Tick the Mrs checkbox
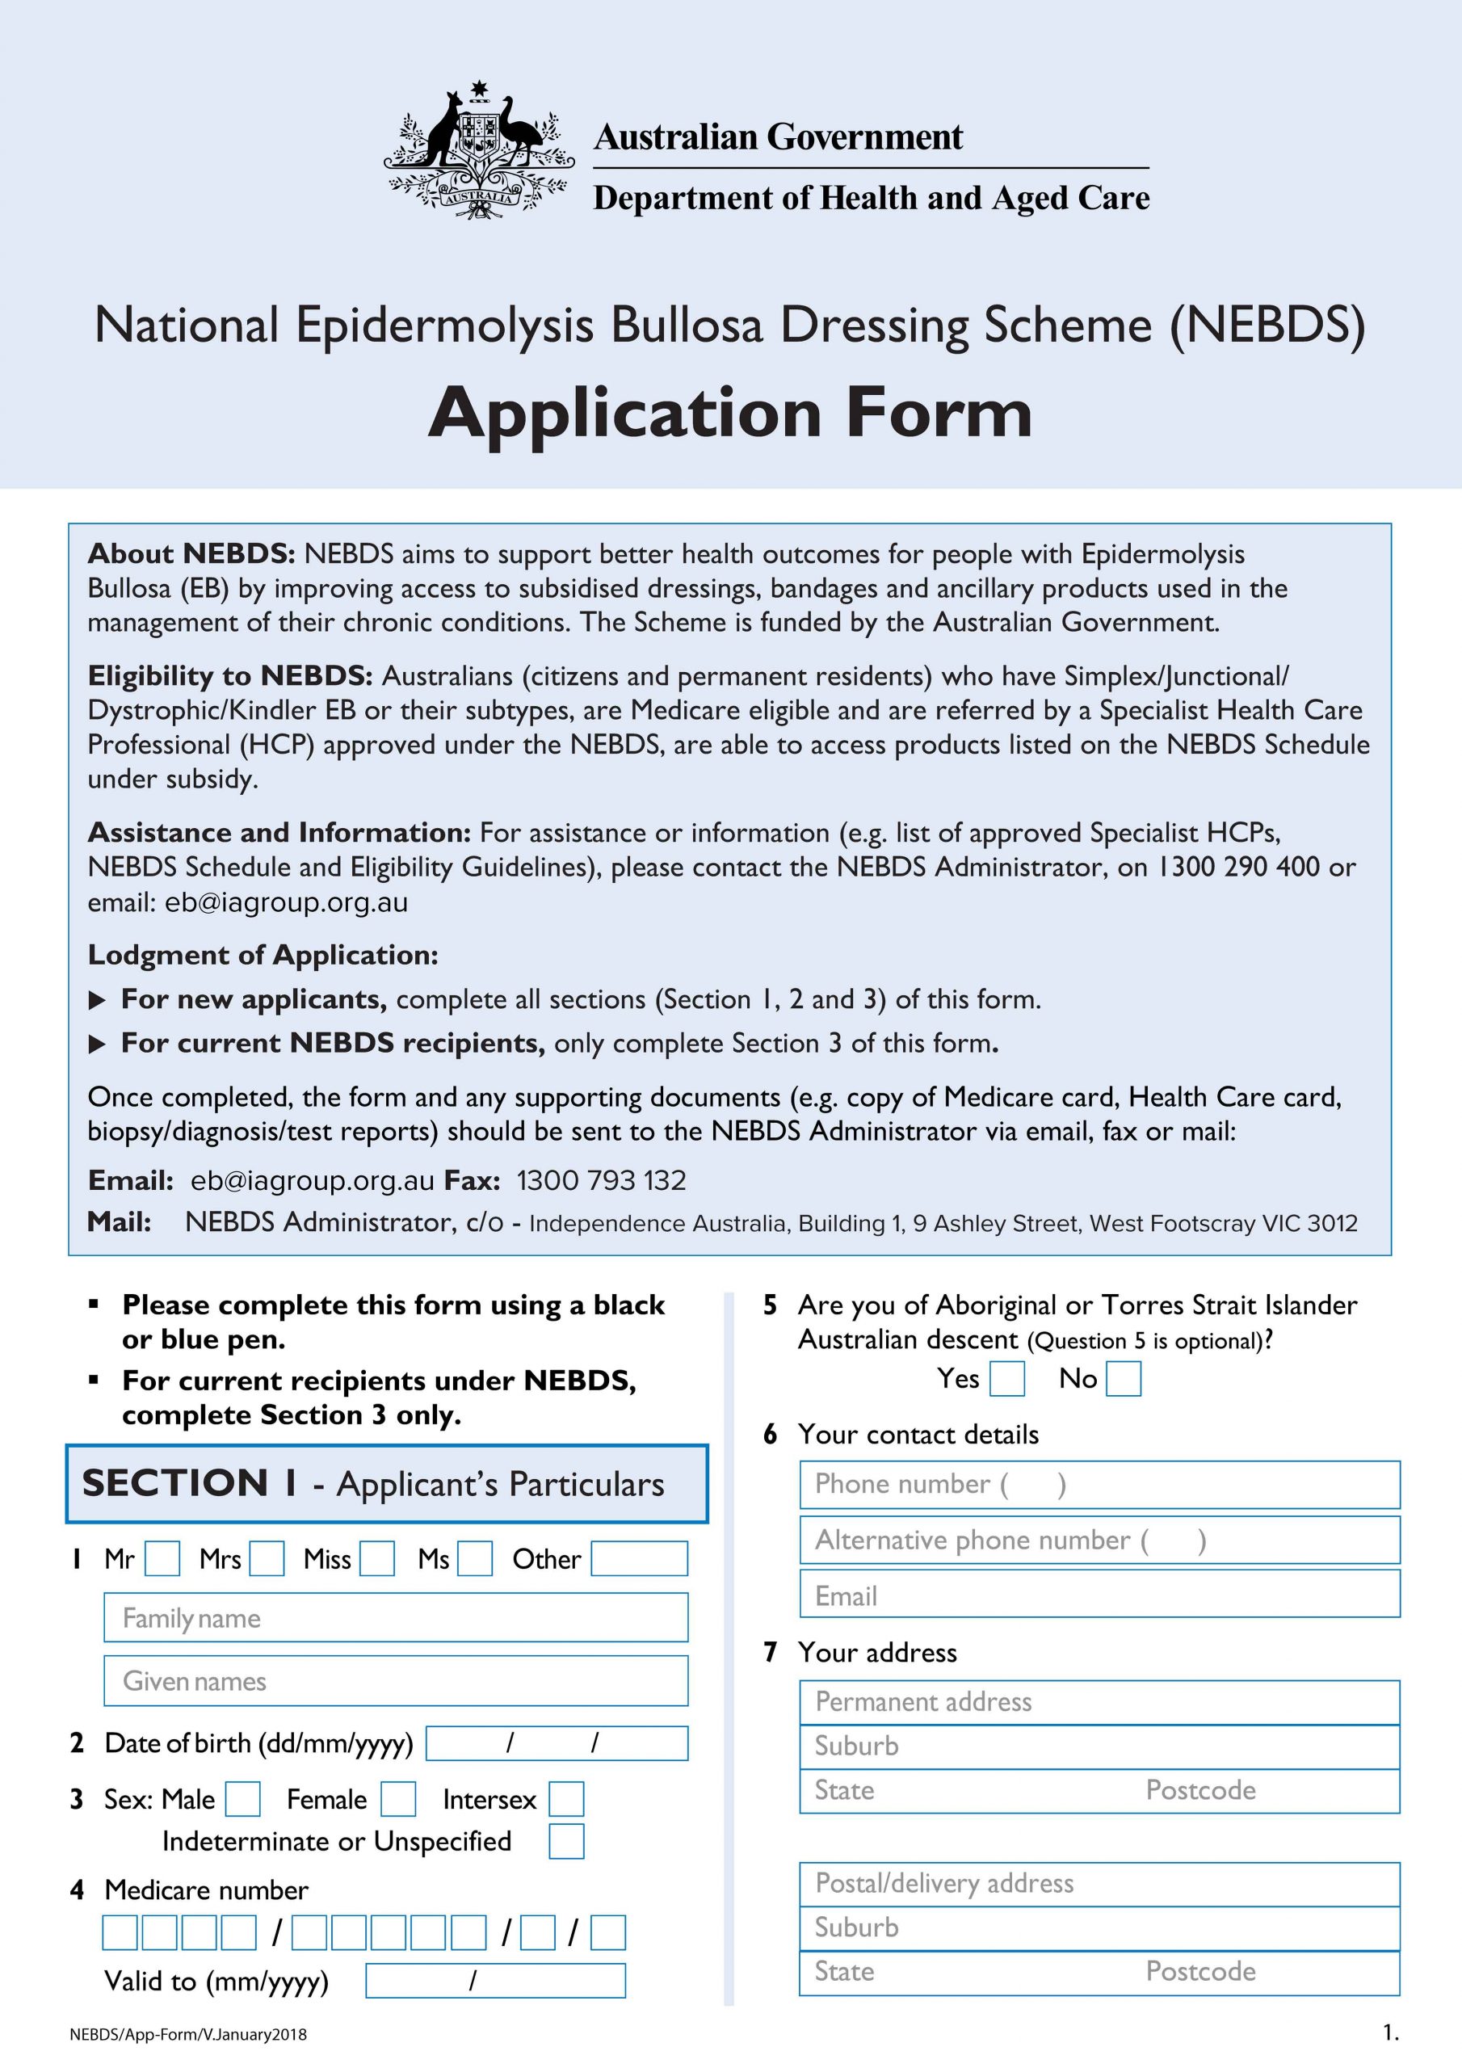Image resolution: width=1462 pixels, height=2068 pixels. (x=267, y=1558)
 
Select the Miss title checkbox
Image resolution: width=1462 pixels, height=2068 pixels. (x=377, y=1558)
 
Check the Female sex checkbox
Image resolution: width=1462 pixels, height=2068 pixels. (x=398, y=1799)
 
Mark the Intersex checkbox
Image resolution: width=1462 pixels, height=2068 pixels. (x=566, y=1799)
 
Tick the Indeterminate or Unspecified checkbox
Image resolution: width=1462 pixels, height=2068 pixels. (x=566, y=1841)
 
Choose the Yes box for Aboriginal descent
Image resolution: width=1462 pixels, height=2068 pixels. (x=1007, y=1379)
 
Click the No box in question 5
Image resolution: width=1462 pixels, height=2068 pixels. (x=1124, y=1379)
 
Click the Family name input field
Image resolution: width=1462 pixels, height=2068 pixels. (x=397, y=1618)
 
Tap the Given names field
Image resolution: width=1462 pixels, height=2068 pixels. (x=397, y=1681)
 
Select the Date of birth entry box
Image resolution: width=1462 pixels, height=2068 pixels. (x=557, y=1742)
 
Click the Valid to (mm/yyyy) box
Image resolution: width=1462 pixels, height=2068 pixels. (x=495, y=1981)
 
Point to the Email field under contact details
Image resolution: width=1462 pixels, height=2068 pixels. (x=1100, y=1596)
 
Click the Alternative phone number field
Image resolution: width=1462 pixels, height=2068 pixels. (x=1100, y=1540)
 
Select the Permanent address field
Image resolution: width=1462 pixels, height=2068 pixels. (x=1100, y=1701)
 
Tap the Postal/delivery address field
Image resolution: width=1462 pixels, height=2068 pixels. (x=1100, y=1883)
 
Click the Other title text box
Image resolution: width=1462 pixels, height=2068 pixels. (x=640, y=1558)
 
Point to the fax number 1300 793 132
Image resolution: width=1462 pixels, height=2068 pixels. (x=601, y=1180)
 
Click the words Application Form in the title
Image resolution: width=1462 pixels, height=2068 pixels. (x=730, y=414)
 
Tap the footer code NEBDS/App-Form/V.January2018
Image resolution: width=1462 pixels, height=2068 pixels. (x=188, y=2035)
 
